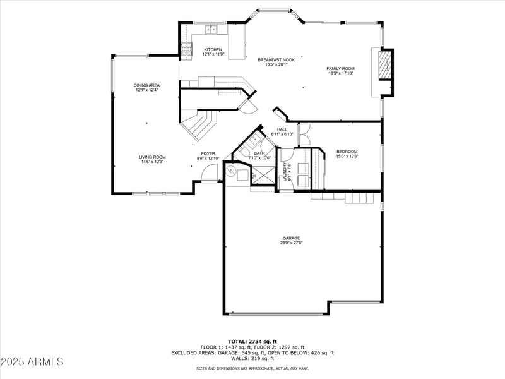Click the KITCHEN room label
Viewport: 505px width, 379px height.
tap(212, 49)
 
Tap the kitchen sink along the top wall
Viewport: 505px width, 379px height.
tap(210, 28)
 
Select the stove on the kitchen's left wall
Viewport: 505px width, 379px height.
tap(186, 49)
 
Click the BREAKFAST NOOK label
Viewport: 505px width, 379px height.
tap(276, 59)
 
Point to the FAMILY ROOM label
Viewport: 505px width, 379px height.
tap(340, 68)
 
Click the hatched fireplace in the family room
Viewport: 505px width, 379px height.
tap(384, 64)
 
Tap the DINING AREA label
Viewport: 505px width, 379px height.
tap(146, 85)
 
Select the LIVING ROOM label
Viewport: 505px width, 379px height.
tap(152, 157)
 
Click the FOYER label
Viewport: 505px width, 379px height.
tap(208, 153)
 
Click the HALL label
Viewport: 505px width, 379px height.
tap(282, 129)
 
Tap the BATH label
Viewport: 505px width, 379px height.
tap(259, 153)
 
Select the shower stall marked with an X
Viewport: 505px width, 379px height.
tap(263, 175)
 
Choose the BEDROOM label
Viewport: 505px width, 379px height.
tap(347, 152)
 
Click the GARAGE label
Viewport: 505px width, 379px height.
tap(291, 238)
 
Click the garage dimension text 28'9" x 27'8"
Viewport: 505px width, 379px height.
tap(291, 243)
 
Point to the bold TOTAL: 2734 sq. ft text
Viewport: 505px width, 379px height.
tap(252, 341)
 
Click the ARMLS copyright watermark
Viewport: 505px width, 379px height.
tap(32, 362)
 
